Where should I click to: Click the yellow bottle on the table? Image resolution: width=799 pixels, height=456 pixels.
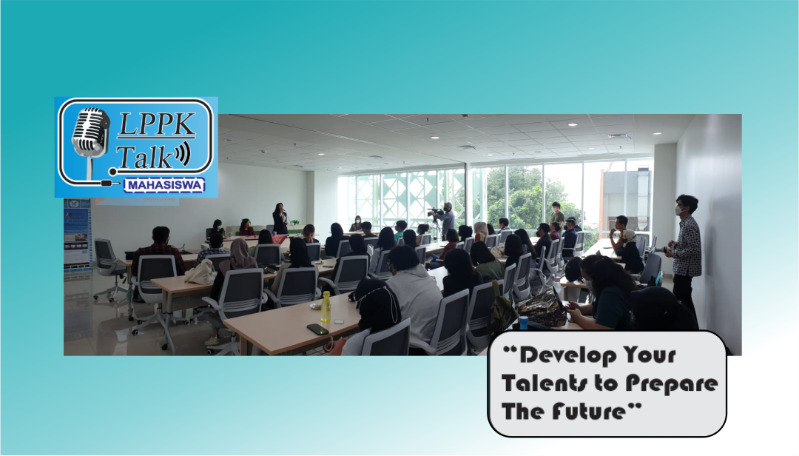click(x=326, y=306)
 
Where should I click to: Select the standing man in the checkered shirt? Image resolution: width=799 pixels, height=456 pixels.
click(x=687, y=248)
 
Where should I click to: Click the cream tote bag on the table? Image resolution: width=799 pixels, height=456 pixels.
click(x=200, y=272)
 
